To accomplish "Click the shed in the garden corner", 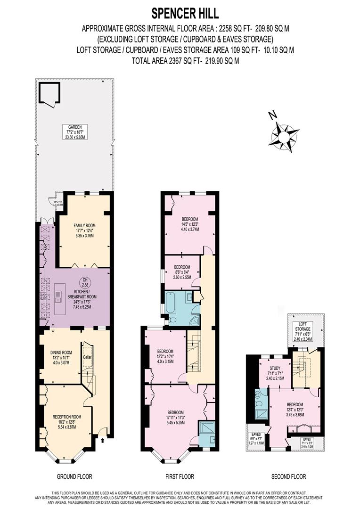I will pos(49,93).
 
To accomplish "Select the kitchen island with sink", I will pos(59,298).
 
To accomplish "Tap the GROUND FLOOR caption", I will pos(74,476).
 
